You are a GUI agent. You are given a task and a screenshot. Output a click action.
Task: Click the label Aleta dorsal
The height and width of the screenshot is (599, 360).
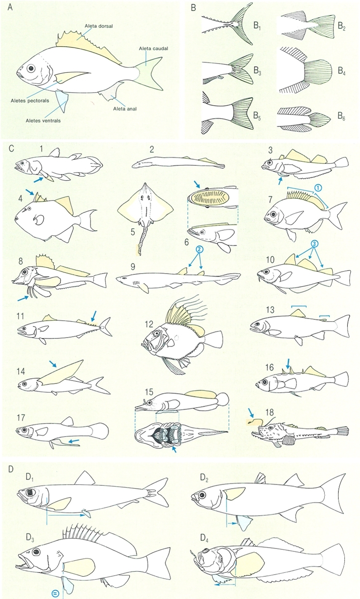pos(99,26)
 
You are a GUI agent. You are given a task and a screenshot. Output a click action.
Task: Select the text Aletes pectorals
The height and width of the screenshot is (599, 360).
pos(30,101)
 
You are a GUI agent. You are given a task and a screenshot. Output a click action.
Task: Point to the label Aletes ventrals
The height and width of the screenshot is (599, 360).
pos(43,121)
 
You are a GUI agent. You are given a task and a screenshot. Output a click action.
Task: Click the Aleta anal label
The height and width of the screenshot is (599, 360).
pos(125,109)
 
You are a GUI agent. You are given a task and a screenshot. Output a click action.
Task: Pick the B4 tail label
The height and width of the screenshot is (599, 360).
pos(341,71)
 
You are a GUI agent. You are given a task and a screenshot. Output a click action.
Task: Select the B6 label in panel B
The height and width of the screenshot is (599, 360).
pos(341,116)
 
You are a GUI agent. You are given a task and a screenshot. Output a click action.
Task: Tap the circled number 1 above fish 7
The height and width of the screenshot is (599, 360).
pos(317,188)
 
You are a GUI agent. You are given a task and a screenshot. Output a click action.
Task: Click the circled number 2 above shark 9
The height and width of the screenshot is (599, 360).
pos(200,248)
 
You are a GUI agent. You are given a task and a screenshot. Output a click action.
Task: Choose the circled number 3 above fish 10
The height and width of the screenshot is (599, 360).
pos(315,244)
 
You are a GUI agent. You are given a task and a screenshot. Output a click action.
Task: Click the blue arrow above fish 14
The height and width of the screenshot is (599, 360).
pos(53,363)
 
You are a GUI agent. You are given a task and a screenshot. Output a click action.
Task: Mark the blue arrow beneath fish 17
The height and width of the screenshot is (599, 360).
pos(72,440)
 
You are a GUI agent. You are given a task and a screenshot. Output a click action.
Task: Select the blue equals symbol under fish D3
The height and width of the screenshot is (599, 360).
pos(55,593)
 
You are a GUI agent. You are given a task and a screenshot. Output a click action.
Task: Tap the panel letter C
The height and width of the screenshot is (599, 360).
pos(11,149)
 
